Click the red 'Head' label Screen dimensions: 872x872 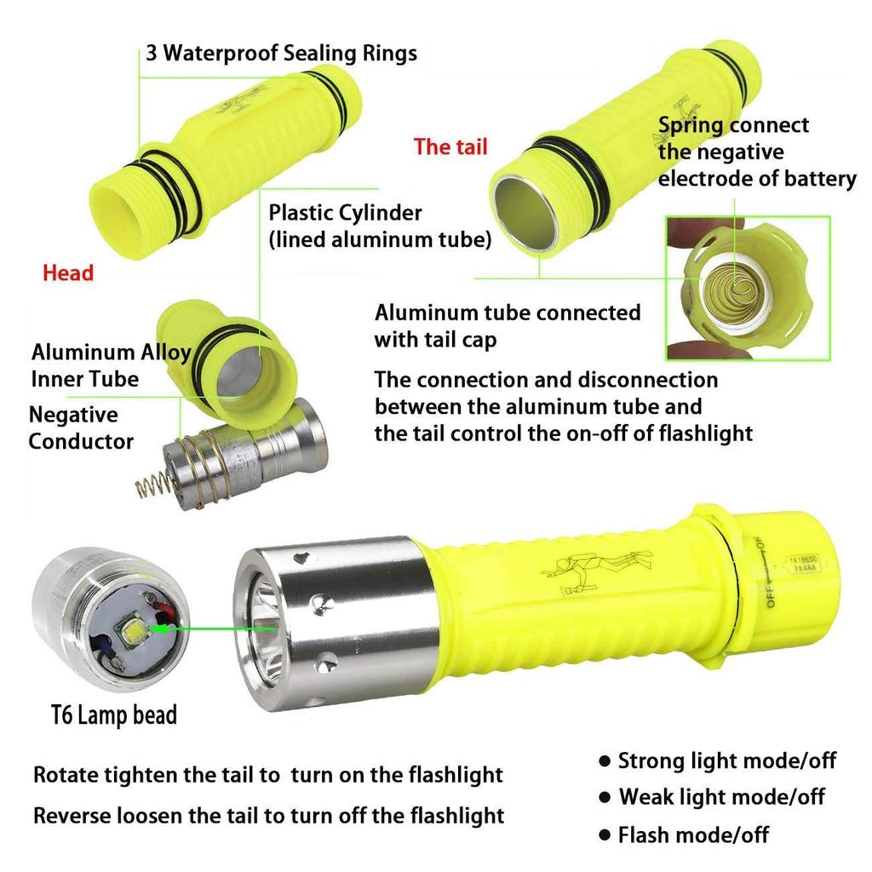[x=68, y=273]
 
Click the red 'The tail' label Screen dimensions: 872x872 [x=450, y=146]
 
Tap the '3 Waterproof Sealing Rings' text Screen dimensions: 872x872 [x=281, y=54]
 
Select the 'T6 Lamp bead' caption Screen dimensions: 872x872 [x=113, y=714]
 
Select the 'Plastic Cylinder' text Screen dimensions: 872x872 [x=345, y=212]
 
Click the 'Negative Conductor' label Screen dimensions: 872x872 [x=81, y=428]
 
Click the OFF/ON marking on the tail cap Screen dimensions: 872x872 [x=762, y=571]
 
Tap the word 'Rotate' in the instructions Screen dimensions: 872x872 [x=66, y=775]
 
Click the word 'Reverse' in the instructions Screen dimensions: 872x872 [x=72, y=815]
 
